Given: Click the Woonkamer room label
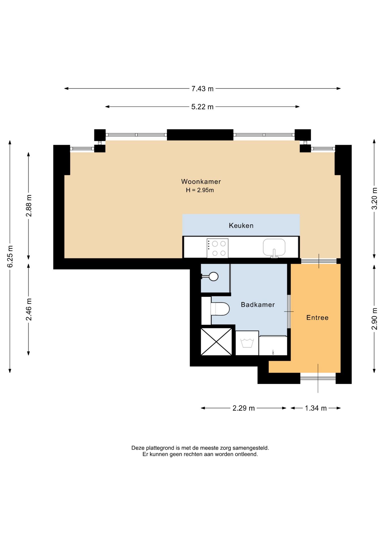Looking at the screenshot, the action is coord(201,182).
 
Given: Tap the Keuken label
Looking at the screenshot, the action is coord(241,226).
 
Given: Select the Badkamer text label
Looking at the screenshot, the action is coord(258,305).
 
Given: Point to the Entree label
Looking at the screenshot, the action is coord(317,318).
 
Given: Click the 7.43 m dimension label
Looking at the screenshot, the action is coord(202,89).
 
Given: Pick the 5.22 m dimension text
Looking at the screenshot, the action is coord(202,107).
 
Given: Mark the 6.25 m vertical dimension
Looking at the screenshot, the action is coord(10,257).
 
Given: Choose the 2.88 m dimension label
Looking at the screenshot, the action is coord(29,206).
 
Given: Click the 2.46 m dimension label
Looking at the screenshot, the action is coord(29,309).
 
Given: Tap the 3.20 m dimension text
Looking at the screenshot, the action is coord(374,199).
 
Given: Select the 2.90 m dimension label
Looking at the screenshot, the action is coord(374,319).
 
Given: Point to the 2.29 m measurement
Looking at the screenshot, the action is coord(243,408).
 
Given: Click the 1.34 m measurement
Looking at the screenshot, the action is coord(316,408).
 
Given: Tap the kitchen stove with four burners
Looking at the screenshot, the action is coord(217,248).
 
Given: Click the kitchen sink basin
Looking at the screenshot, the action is coord(274,247).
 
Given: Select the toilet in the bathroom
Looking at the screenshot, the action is coord(220,309).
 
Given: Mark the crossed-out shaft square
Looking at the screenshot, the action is coord(216,342).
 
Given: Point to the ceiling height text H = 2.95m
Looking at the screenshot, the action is coord(200,190).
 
